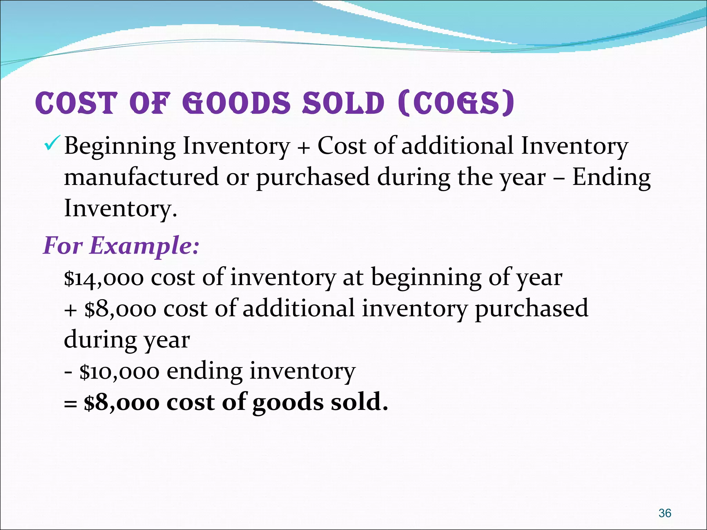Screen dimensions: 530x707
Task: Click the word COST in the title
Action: pyautogui.click(x=76, y=103)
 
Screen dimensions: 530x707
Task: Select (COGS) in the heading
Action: pyautogui.click(x=456, y=103)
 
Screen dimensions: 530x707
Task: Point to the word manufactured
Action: pyautogui.click(x=141, y=177)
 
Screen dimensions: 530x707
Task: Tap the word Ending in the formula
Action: pyautogui.click(x=611, y=177)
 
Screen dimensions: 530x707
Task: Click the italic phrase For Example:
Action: pyautogui.click(x=121, y=246)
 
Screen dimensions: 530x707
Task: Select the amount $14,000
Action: pyautogui.click(x=104, y=278)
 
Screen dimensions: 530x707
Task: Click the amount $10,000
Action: pyautogui.click(x=119, y=372)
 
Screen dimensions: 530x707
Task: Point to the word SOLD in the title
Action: pyautogui.click(x=343, y=103)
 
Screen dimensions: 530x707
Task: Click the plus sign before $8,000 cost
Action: pyautogui.click(x=70, y=310)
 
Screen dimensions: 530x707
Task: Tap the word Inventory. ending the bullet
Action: pyautogui.click(x=120, y=209)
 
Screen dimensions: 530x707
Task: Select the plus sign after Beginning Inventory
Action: pyautogui.click(x=303, y=148)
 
